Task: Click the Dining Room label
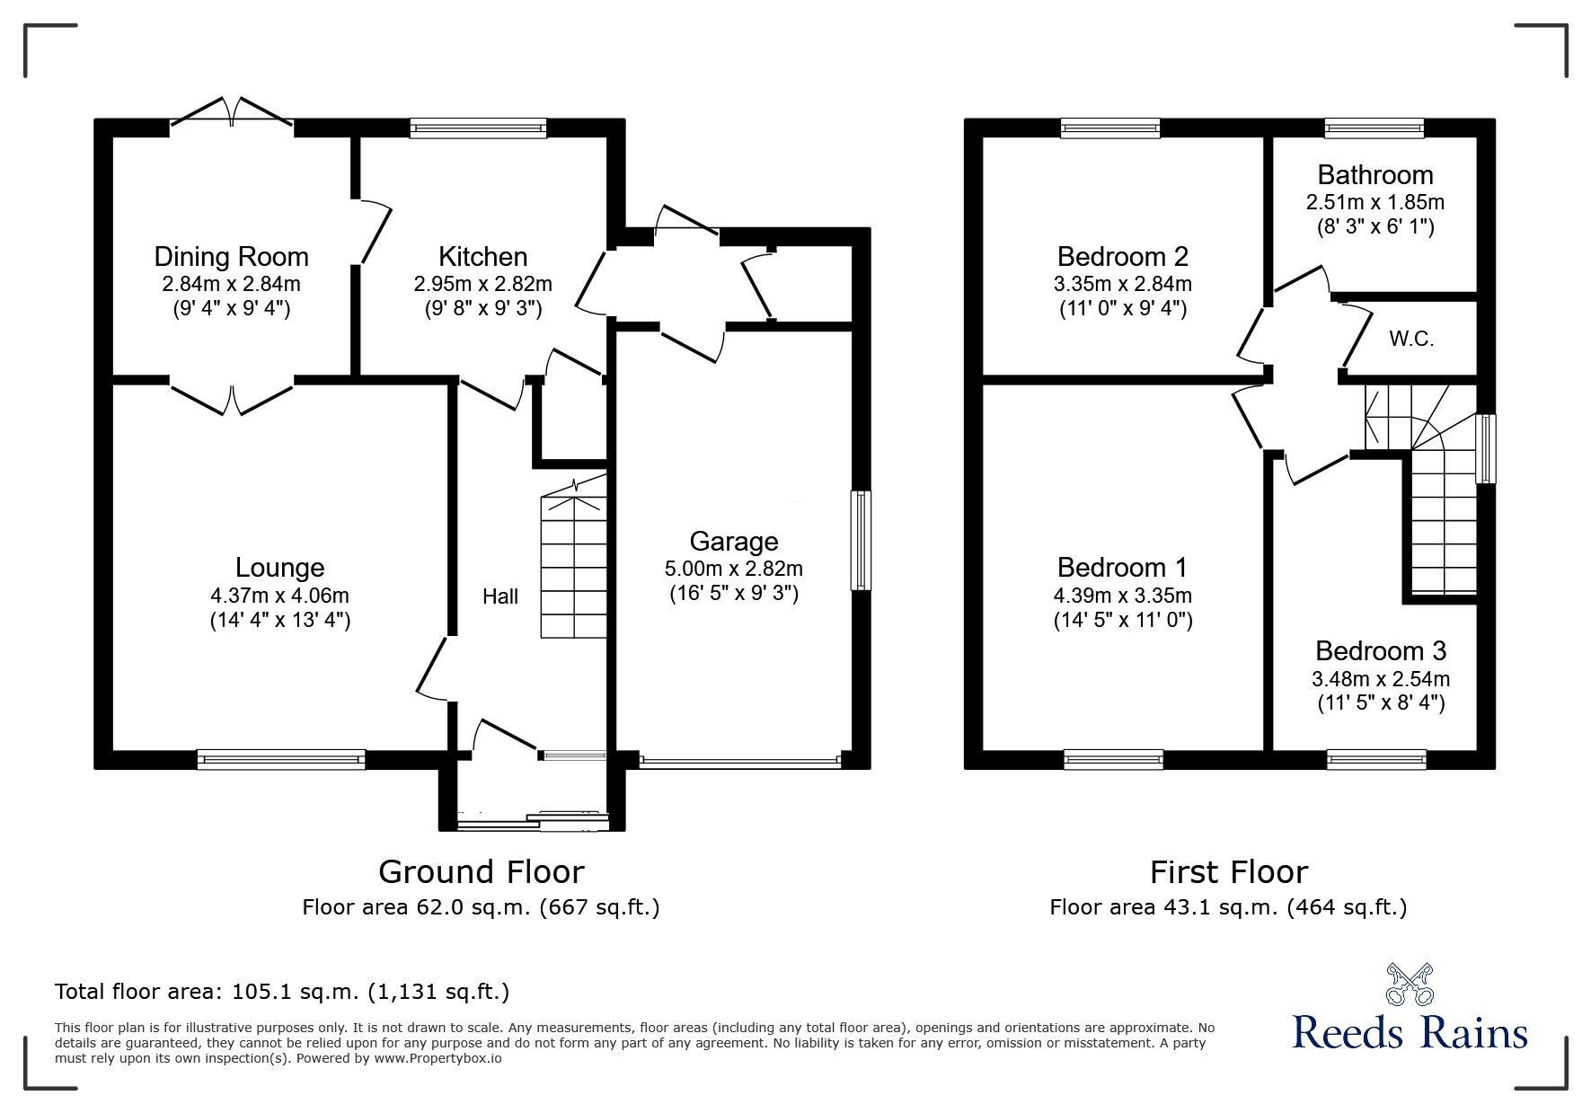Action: pyautogui.click(x=231, y=257)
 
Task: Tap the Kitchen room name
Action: pyautogui.click(x=482, y=257)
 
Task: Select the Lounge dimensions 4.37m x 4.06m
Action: pyautogui.click(x=279, y=595)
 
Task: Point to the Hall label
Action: pyautogui.click(x=500, y=596)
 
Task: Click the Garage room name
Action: pyautogui.click(x=733, y=542)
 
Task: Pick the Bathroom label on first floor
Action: pyautogui.click(x=1374, y=174)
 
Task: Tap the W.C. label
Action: pyautogui.click(x=1411, y=339)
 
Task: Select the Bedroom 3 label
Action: pyautogui.click(x=1381, y=650)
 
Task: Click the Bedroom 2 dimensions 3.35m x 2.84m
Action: pyautogui.click(x=1123, y=284)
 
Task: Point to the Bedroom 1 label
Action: pyautogui.click(x=1122, y=568)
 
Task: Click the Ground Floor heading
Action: pyautogui.click(x=481, y=871)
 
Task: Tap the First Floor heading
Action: pyautogui.click(x=1228, y=871)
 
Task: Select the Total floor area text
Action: pyautogui.click(x=282, y=992)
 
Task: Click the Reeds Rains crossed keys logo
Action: pyautogui.click(x=1410, y=985)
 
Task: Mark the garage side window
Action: pyautogui.click(x=861, y=540)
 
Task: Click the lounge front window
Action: pyautogui.click(x=281, y=759)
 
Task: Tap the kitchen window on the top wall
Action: pyautogui.click(x=478, y=128)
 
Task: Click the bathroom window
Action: pyautogui.click(x=1374, y=128)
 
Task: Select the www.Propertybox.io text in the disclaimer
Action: pyautogui.click(x=437, y=1058)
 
